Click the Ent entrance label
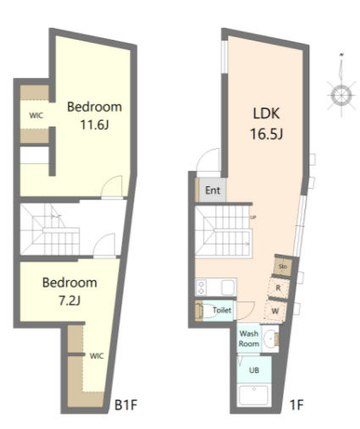[213, 190]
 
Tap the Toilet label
[222, 310]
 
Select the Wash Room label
[248, 339]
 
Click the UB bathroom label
[253, 371]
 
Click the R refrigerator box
[279, 288]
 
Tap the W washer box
[276, 310]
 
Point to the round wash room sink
[270, 340]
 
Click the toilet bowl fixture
[203, 311]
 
